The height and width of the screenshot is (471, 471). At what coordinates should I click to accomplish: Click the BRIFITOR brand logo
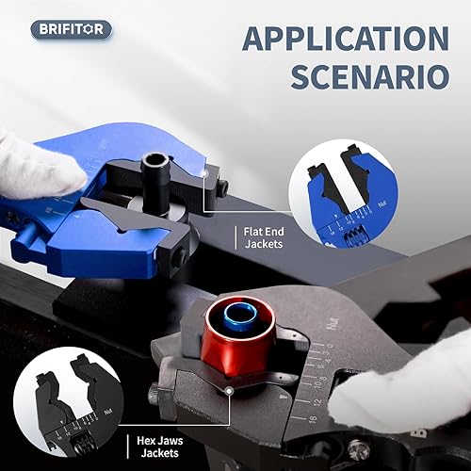click(71, 29)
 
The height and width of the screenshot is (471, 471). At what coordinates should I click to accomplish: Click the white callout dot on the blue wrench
click(205, 171)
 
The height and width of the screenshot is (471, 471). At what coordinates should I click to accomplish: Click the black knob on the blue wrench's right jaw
click(222, 188)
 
